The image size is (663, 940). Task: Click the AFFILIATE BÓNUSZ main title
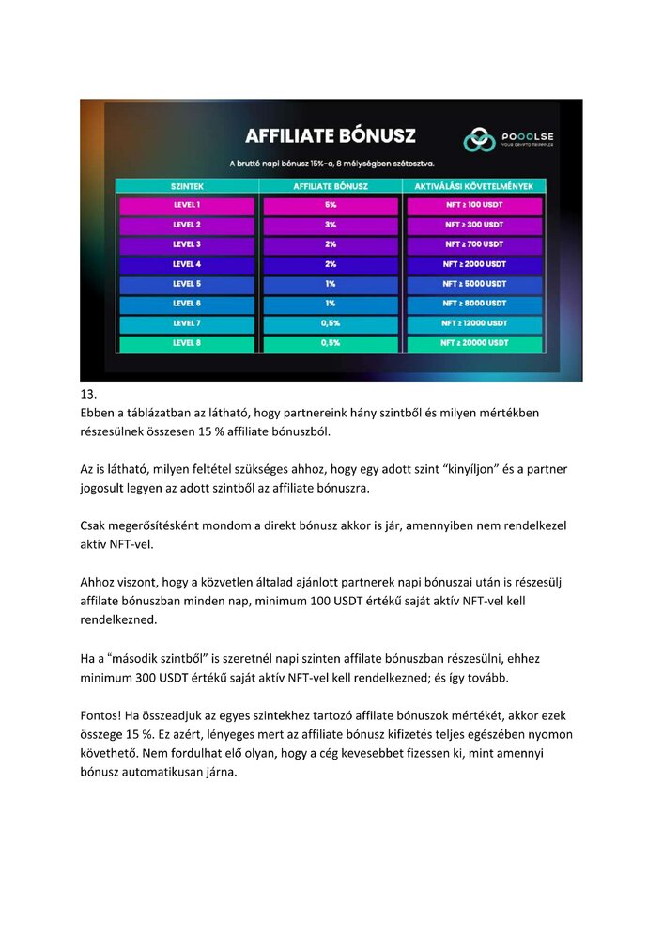pos(331,137)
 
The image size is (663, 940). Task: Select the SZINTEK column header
pos(187,186)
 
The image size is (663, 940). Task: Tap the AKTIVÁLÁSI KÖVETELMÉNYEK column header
pos(474,186)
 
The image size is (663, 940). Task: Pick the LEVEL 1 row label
pos(187,205)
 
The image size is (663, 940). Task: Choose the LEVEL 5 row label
pos(187,284)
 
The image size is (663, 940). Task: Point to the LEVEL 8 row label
pos(187,343)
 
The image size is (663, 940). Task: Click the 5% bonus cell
pos(331,205)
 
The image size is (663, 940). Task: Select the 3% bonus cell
pos(331,225)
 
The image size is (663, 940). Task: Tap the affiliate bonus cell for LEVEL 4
pos(331,264)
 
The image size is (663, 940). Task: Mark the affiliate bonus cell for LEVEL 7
pos(331,323)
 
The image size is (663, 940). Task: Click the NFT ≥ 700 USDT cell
pos(474,244)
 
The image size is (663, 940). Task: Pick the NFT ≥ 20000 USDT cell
pos(474,343)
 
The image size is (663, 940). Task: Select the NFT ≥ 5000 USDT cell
pos(474,284)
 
